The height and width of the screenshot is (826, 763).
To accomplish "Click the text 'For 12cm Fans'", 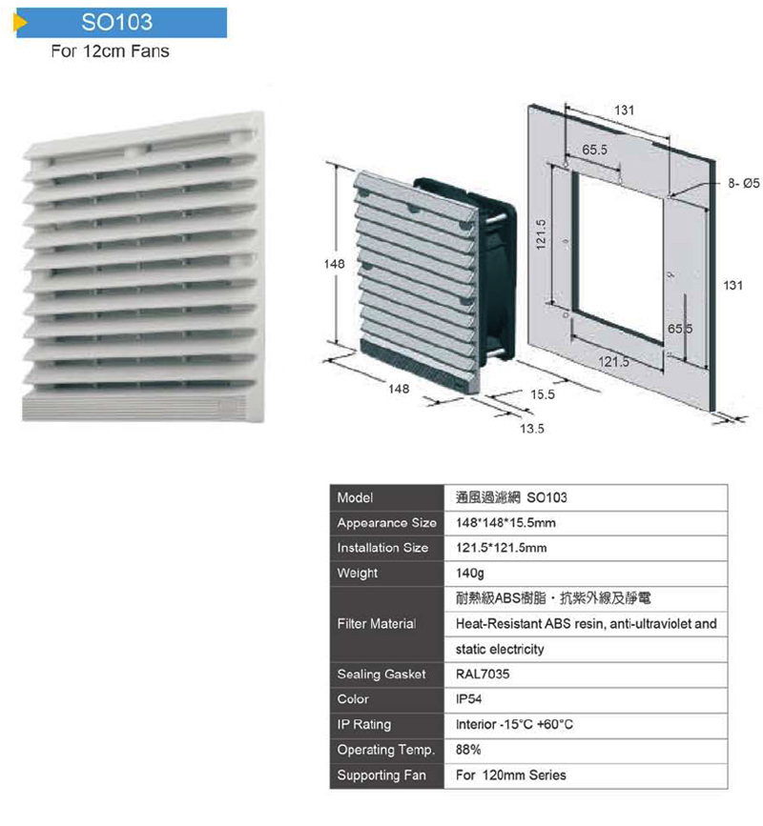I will point(110,50).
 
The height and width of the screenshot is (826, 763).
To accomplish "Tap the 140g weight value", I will point(471,574).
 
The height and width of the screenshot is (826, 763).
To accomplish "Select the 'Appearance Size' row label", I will point(386,523).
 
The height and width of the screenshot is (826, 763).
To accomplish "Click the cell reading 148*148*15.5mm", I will point(505,523).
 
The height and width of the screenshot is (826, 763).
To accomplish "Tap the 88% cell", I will point(468,750).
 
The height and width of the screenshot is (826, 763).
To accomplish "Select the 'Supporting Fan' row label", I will point(381,776).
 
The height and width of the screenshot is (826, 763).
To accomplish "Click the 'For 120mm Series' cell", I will point(510,776).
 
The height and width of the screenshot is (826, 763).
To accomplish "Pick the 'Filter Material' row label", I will point(377,624).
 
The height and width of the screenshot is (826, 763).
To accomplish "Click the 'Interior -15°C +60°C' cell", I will point(515,725).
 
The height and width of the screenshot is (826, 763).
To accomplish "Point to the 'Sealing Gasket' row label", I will point(381,675).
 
